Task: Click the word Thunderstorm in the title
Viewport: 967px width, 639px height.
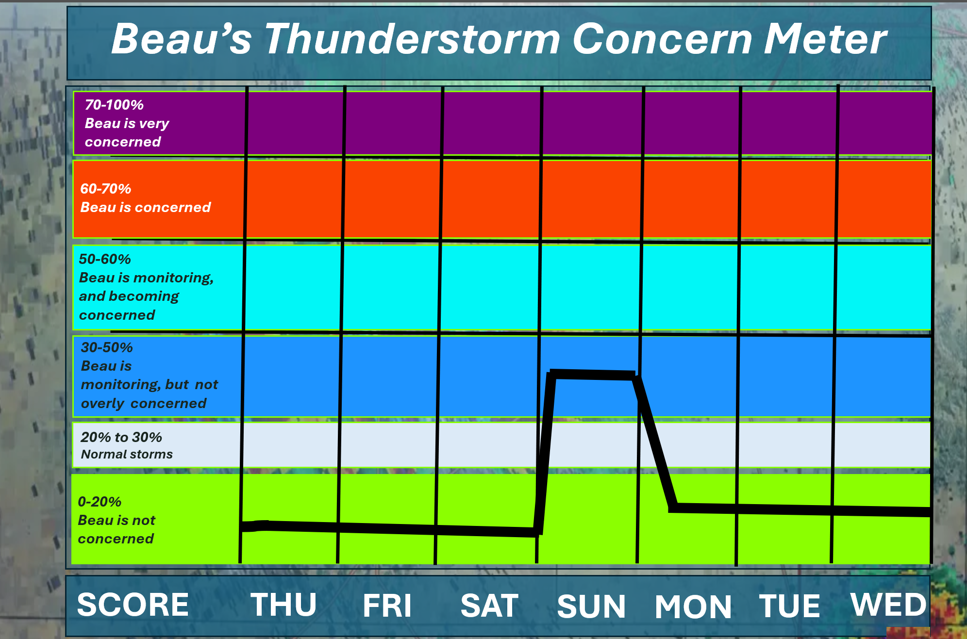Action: click(x=412, y=39)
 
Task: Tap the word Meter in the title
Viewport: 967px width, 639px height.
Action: click(x=826, y=39)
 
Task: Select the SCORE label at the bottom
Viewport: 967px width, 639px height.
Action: click(x=133, y=605)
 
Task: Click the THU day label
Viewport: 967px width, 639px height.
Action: click(x=283, y=605)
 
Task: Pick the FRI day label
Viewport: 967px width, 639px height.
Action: click(x=387, y=606)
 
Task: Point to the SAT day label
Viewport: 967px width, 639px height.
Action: click(x=489, y=606)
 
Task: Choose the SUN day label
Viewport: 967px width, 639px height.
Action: click(x=591, y=606)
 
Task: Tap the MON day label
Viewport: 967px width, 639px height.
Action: click(x=693, y=606)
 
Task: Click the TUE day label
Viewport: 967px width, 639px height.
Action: click(x=790, y=606)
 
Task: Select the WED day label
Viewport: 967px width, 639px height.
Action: click(x=889, y=605)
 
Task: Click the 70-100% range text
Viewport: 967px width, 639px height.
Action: click(x=114, y=105)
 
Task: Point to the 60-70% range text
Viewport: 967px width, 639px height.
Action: click(x=105, y=189)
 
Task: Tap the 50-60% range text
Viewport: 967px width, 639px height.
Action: click(x=105, y=259)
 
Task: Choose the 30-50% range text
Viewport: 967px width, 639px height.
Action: click(x=107, y=347)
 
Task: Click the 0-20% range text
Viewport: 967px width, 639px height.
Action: click(x=100, y=502)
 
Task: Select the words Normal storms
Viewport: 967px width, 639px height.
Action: click(x=127, y=454)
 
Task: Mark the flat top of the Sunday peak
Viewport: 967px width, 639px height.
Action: click(x=593, y=375)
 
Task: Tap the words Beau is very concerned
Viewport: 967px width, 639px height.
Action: click(x=127, y=132)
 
